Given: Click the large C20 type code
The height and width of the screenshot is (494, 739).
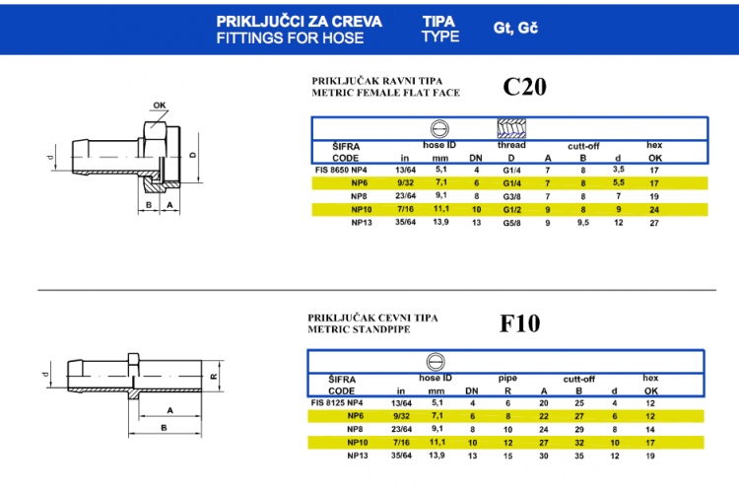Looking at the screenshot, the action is (524, 87).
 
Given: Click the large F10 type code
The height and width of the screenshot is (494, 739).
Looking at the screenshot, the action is (520, 323).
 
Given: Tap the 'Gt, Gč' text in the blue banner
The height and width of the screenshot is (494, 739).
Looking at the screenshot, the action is (515, 29).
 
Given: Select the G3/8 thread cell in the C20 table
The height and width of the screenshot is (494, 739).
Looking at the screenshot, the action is (511, 197).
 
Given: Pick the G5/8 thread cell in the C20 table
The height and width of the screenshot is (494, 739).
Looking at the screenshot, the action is (511, 223).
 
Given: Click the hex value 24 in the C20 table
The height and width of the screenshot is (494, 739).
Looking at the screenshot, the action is (654, 210).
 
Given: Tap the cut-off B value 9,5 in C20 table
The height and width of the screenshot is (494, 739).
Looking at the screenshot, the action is (583, 223).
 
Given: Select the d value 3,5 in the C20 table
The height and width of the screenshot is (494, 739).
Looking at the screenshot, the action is (619, 170).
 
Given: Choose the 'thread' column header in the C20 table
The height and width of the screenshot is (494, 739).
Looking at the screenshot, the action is (511, 145).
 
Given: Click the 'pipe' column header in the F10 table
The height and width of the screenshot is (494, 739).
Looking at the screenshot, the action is (507, 378).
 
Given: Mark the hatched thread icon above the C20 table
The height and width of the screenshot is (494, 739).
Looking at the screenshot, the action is (511, 128).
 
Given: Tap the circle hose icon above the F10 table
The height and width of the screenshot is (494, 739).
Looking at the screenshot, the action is (436, 362).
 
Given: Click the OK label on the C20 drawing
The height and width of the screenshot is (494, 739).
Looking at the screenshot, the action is (160, 106).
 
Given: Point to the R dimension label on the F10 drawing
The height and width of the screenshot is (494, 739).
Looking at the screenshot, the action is (214, 377).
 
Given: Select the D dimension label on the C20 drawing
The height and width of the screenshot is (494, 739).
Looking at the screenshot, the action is (192, 155).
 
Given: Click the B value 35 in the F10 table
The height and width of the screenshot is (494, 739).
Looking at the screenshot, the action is (579, 456).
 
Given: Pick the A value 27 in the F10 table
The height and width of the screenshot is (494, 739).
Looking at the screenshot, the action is (544, 443).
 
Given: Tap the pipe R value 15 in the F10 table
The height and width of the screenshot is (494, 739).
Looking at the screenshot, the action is (507, 456).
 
